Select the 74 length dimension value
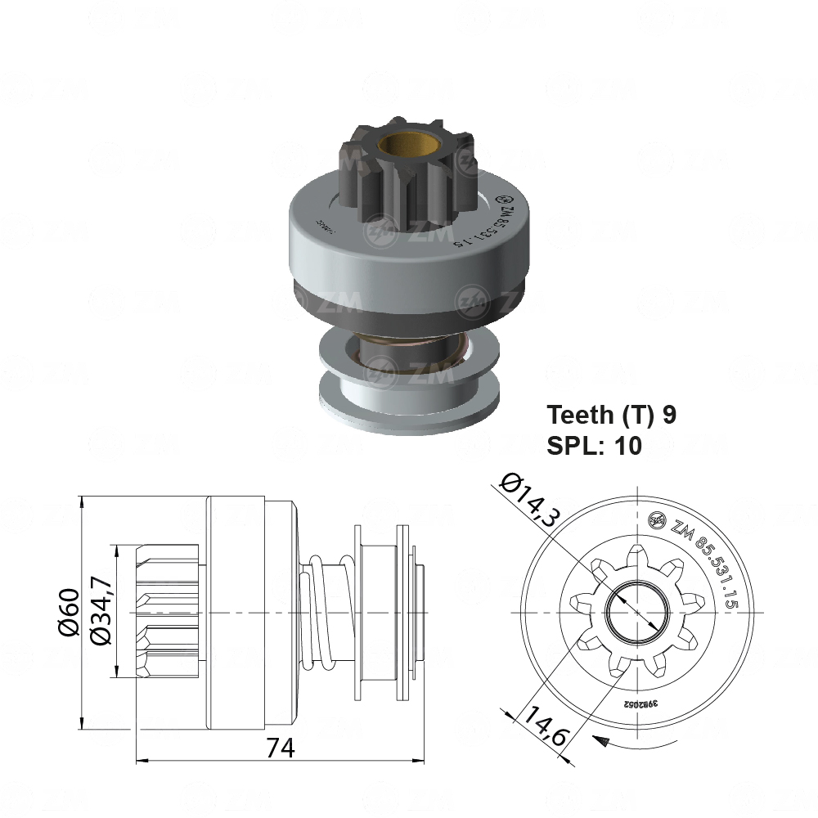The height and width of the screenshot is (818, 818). [280, 748]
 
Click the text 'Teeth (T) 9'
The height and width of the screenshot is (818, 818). [612, 415]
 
